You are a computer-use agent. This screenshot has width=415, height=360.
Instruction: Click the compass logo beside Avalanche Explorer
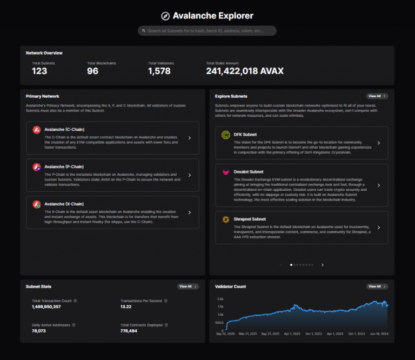165,16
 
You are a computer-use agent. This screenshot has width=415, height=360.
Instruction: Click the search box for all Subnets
207,31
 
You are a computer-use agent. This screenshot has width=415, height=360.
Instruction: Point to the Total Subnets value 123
39,71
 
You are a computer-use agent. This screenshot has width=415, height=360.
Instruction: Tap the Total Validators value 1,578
159,71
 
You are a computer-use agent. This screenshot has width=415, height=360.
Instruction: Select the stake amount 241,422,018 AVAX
245,71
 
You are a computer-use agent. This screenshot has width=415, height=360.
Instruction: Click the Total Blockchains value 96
93,71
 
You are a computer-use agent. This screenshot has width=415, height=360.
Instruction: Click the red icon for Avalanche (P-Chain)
37,168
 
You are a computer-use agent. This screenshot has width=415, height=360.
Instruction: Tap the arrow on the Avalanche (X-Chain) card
189,212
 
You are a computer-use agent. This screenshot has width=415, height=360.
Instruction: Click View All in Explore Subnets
377,96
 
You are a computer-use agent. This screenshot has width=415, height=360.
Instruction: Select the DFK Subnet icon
226,135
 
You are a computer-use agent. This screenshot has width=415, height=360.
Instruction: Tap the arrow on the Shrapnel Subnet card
378,227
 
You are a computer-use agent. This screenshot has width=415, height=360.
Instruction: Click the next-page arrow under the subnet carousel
323,265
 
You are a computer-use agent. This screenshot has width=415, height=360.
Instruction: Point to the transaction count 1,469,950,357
46,306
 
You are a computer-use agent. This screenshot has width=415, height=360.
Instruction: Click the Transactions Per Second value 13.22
126,306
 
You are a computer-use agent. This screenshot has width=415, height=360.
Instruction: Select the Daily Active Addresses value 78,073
39,331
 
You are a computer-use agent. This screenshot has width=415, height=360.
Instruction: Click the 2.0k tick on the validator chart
220,298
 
